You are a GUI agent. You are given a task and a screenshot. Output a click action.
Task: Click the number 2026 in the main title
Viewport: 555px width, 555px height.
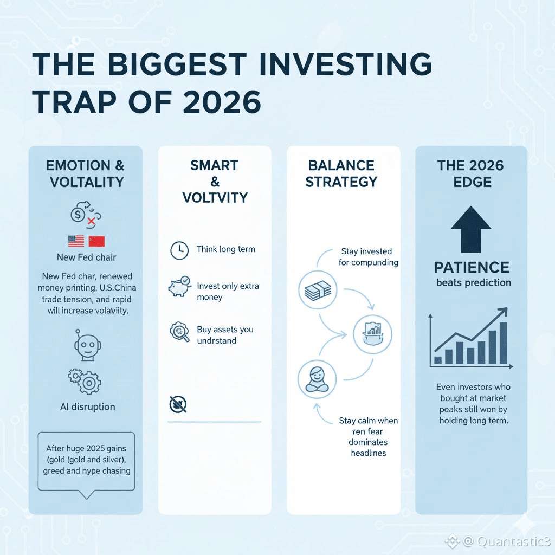coord(222,102)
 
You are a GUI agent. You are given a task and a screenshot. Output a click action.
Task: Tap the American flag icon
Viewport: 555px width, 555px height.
coord(76,241)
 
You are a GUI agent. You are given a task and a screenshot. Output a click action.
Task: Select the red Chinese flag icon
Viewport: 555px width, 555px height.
coord(96,241)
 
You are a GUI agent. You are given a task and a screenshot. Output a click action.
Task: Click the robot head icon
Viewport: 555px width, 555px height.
coord(87,345)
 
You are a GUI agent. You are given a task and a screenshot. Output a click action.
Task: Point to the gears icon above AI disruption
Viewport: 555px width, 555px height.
coord(85,382)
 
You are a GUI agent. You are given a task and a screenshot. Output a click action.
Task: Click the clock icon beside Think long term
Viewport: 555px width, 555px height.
coord(179,250)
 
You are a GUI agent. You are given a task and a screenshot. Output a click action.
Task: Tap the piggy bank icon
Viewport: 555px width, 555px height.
coord(180,286)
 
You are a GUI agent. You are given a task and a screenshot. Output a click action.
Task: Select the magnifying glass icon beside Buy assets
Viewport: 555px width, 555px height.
coord(179,332)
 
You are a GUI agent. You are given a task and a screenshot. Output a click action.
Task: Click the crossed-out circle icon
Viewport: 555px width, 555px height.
coord(178,404)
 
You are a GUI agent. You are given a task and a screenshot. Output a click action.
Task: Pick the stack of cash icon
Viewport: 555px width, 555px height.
coord(318,291)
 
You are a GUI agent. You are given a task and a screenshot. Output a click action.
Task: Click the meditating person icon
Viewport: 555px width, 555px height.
coord(317,379)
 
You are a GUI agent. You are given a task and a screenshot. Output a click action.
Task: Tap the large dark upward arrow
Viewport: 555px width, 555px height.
coord(471,229)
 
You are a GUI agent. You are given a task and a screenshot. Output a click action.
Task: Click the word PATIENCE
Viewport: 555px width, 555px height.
coord(472,268)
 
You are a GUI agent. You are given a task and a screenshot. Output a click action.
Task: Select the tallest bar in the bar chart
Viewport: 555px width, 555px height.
coord(503,343)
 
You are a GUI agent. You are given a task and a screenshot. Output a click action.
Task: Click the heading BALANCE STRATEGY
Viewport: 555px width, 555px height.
coord(341,173)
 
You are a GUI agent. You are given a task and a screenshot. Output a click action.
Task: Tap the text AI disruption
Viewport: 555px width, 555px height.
coord(87,406)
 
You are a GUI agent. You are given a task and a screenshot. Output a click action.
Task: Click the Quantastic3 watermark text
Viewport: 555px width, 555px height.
coord(513,541)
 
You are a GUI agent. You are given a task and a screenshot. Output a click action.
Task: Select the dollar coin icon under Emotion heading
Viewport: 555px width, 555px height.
coord(78,214)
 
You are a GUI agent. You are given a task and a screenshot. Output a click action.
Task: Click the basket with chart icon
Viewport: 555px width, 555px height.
coord(372,334)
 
